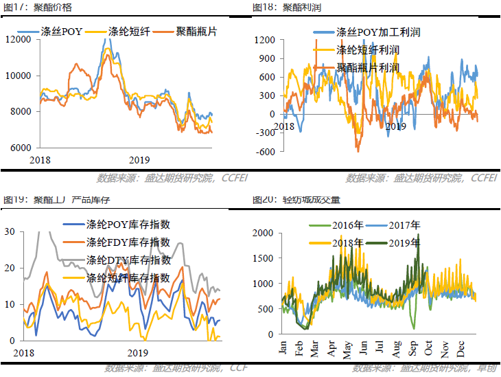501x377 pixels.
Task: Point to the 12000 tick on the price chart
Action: [19, 39]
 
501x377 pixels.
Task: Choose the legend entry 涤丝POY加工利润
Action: [377, 32]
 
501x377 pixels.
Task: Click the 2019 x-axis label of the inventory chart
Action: [139, 352]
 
